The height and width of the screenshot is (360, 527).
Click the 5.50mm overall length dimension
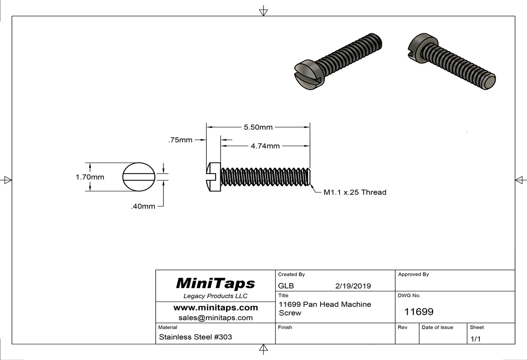tap(258, 128)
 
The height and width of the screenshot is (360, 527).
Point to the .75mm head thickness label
tap(180, 140)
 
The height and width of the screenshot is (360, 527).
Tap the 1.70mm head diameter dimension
tap(90, 177)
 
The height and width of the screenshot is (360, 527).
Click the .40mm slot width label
tap(143, 207)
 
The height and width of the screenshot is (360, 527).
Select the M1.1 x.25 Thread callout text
tap(355, 192)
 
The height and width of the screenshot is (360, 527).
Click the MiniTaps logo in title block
tap(215, 283)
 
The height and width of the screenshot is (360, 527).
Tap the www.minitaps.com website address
tap(215, 308)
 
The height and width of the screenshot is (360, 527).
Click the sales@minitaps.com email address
tap(215, 318)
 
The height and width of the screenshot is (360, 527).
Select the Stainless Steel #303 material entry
tap(196, 337)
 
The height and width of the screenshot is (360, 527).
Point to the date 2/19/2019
tap(353, 286)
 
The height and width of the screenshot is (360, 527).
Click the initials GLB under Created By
tap(286, 286)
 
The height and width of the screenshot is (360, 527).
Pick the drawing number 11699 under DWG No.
tap(419, 312)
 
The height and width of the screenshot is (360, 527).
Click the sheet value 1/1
tap(475, 339)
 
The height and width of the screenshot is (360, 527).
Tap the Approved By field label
tap(413, 274)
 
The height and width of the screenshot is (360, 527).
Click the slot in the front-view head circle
tap(139, 177)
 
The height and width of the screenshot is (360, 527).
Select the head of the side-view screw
tap(213, 177)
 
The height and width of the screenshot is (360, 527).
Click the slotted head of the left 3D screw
tap(308, 76)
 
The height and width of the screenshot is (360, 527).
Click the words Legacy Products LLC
tap(215, 296)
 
